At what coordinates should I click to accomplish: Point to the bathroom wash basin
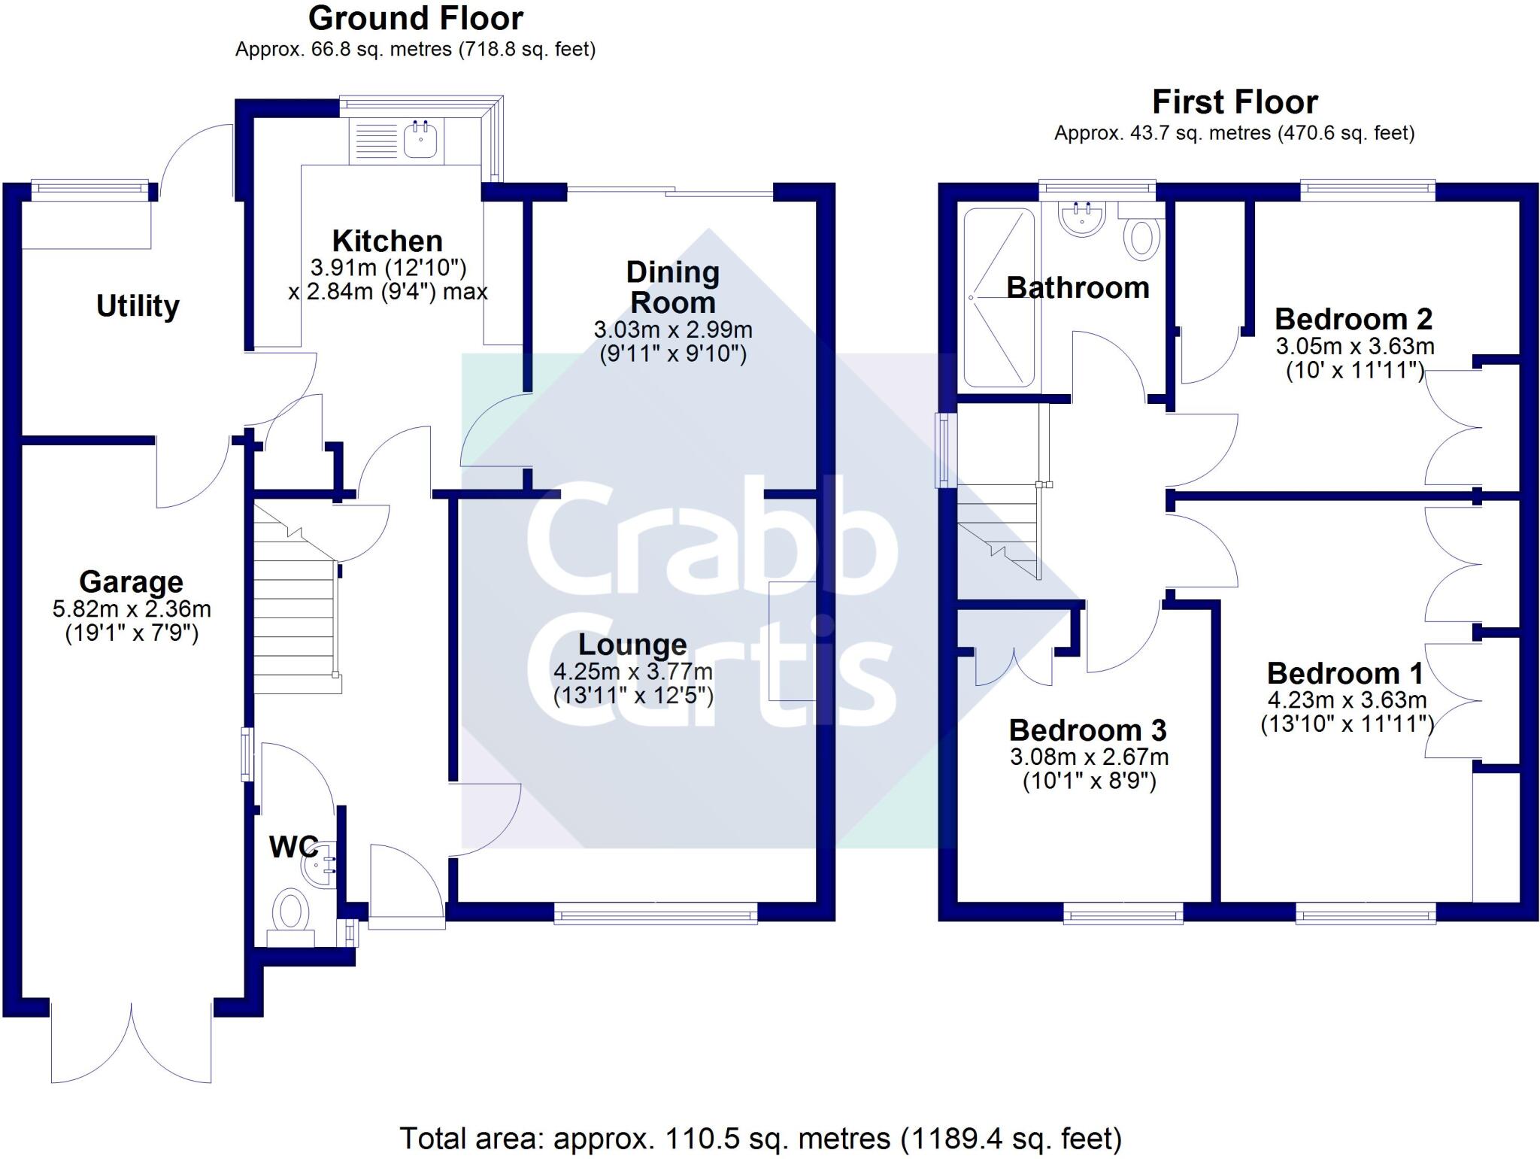click(x=1083, y=218)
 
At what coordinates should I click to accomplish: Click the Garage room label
click(x=131, y=581)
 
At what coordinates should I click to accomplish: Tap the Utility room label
click(x=138, y=306)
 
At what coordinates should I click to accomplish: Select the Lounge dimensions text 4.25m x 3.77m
click(x=633, y=671)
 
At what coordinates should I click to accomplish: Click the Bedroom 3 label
click(x=1087, y=730)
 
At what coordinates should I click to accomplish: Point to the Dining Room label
click(x=672, y=287)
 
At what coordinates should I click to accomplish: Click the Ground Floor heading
click(x=416, y=18)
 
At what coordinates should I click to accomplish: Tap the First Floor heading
click(x=1235, y=102)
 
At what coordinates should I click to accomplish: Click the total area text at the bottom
click(x=759, y=1138)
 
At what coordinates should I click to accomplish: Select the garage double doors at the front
click(x=132, y=1042)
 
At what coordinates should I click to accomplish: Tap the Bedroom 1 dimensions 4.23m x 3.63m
click(x=1347, y=699)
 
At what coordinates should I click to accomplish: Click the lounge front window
click(x=656, y=914)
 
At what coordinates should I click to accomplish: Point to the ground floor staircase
click(x=295, y=602)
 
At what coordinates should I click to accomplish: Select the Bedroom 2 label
click(x=1353, y=320)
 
